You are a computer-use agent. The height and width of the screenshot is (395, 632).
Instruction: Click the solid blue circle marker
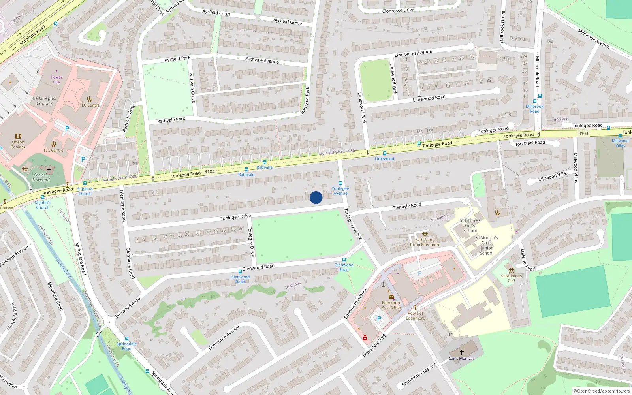tap(316, 197)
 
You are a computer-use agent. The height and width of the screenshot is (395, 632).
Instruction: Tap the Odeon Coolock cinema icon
tap(18, 136)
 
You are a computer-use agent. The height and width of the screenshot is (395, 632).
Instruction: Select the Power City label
tap(56, 80)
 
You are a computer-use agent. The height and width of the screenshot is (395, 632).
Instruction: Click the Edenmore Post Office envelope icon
tap(391, 297)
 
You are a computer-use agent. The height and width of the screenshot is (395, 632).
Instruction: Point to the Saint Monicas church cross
tap(461, 352)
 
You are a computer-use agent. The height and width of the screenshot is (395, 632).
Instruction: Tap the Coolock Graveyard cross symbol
tap(49, 170)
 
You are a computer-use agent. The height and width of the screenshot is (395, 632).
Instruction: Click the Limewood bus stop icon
tap(384, 153)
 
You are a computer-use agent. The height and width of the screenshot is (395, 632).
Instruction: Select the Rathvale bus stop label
tap(264, 167)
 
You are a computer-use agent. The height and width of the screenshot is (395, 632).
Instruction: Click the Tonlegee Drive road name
tap(235, 217)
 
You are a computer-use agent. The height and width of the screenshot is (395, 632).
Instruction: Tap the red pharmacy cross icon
tap(365, 338)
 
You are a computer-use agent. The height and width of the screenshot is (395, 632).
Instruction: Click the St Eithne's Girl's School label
tap(470, 226)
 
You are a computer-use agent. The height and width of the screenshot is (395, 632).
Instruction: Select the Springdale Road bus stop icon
tap(127, 339)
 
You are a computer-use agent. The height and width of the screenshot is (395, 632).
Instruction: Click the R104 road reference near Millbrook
tap(583, 134)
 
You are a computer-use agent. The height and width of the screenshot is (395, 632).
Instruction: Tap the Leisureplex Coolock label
tap(44, 101)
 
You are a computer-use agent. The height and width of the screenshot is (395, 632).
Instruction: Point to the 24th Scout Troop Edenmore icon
tap(425, 234)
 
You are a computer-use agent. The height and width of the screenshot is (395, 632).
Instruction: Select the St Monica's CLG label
tap(512, 278)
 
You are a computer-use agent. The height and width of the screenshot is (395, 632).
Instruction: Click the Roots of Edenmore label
tap(416, 316)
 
